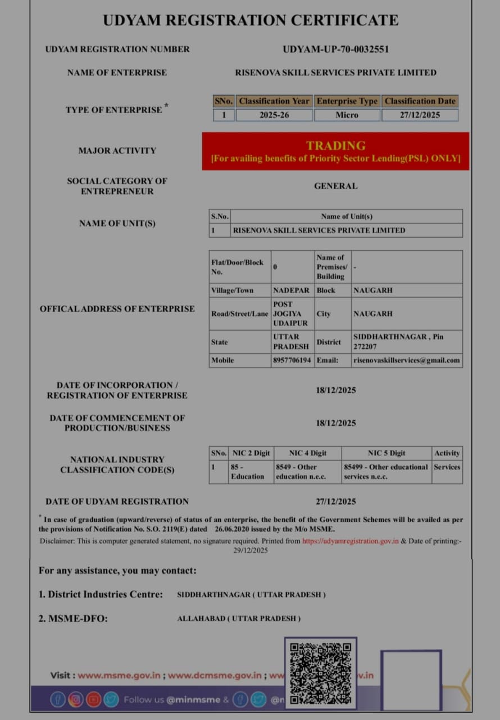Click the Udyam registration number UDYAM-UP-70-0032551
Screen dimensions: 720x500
tap(335, 49)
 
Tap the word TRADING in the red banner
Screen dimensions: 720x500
tap(335, 146)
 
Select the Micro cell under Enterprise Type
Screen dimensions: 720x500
tap(347, 115)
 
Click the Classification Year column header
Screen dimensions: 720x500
tap(274, 101)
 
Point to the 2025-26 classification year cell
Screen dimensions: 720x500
tap(274, 115)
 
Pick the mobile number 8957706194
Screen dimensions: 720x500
tap(292, 360)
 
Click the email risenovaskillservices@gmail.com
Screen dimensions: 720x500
tap(406, 360)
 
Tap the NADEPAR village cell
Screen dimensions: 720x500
tap(291, 290)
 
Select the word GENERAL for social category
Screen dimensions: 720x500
tap(335, 186)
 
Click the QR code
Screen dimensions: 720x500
tap(320, 673)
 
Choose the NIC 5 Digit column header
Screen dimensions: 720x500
tap(387, 453)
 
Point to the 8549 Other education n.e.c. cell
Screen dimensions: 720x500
tap(307, 471)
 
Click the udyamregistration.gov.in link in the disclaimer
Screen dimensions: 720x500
tap(350, 541)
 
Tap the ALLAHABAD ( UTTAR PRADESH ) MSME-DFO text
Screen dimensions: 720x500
tap(239, 618)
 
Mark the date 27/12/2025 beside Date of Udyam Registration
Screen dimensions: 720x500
tap(335, 501)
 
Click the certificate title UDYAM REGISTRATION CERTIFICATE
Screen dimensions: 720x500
tap(251, 20)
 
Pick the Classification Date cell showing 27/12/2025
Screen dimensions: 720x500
tap(420, 115)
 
